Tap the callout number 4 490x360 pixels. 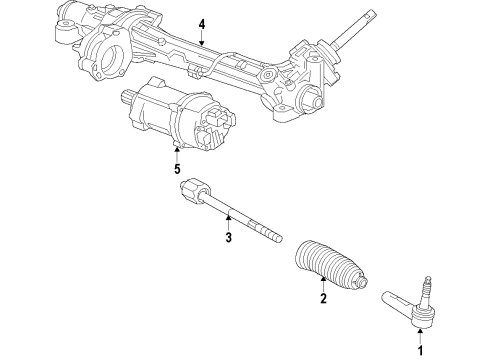click(201, 24)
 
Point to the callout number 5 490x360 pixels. click(176, 169)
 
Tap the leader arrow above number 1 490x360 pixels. click(420, 336)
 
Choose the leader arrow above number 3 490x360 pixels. click(228, 222)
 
